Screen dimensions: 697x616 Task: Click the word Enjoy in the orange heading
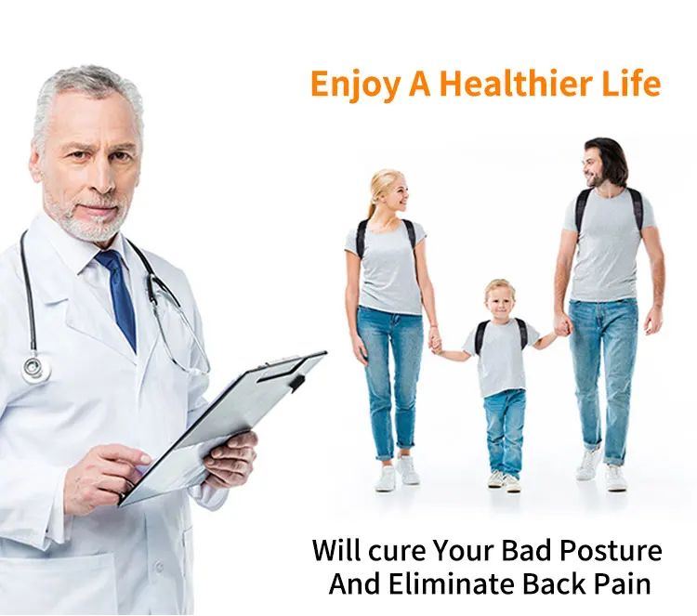tap(354, 85)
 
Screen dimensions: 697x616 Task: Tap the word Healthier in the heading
tap(519, 83)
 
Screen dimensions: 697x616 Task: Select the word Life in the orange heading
tap(631, 83)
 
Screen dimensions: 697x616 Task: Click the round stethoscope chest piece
tap(35, 369)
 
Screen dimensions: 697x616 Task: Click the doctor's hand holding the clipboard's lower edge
tap(232, 458)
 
